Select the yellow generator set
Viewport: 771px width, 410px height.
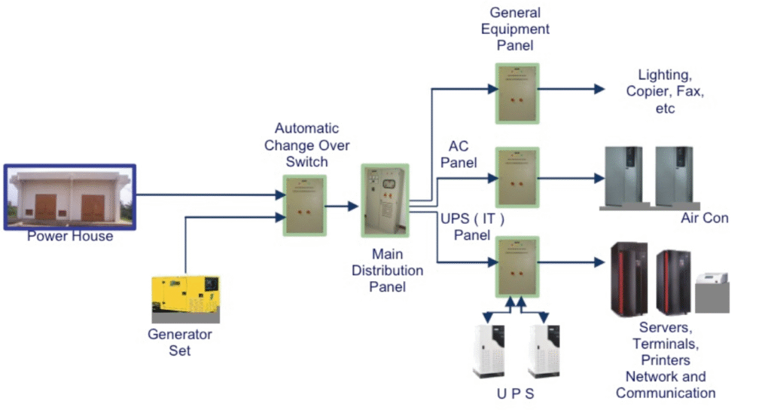point(185,295)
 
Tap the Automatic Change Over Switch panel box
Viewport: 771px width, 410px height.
point(305,206)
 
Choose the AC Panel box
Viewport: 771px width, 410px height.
point(517,178)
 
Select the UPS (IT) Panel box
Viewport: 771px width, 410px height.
point(517,266)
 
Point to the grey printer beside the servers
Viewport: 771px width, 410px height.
point(711,292)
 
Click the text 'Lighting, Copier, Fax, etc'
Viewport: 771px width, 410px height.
point(664,91)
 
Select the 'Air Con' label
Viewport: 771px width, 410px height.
point(705,219)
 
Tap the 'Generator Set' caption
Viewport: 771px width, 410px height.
point(180,342)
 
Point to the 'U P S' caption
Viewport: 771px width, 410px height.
point(517,393)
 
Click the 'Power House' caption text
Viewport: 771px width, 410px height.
point(70,237)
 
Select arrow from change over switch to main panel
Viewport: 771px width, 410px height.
point(341,205)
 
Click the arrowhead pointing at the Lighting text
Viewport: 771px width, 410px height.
point(599,89)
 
